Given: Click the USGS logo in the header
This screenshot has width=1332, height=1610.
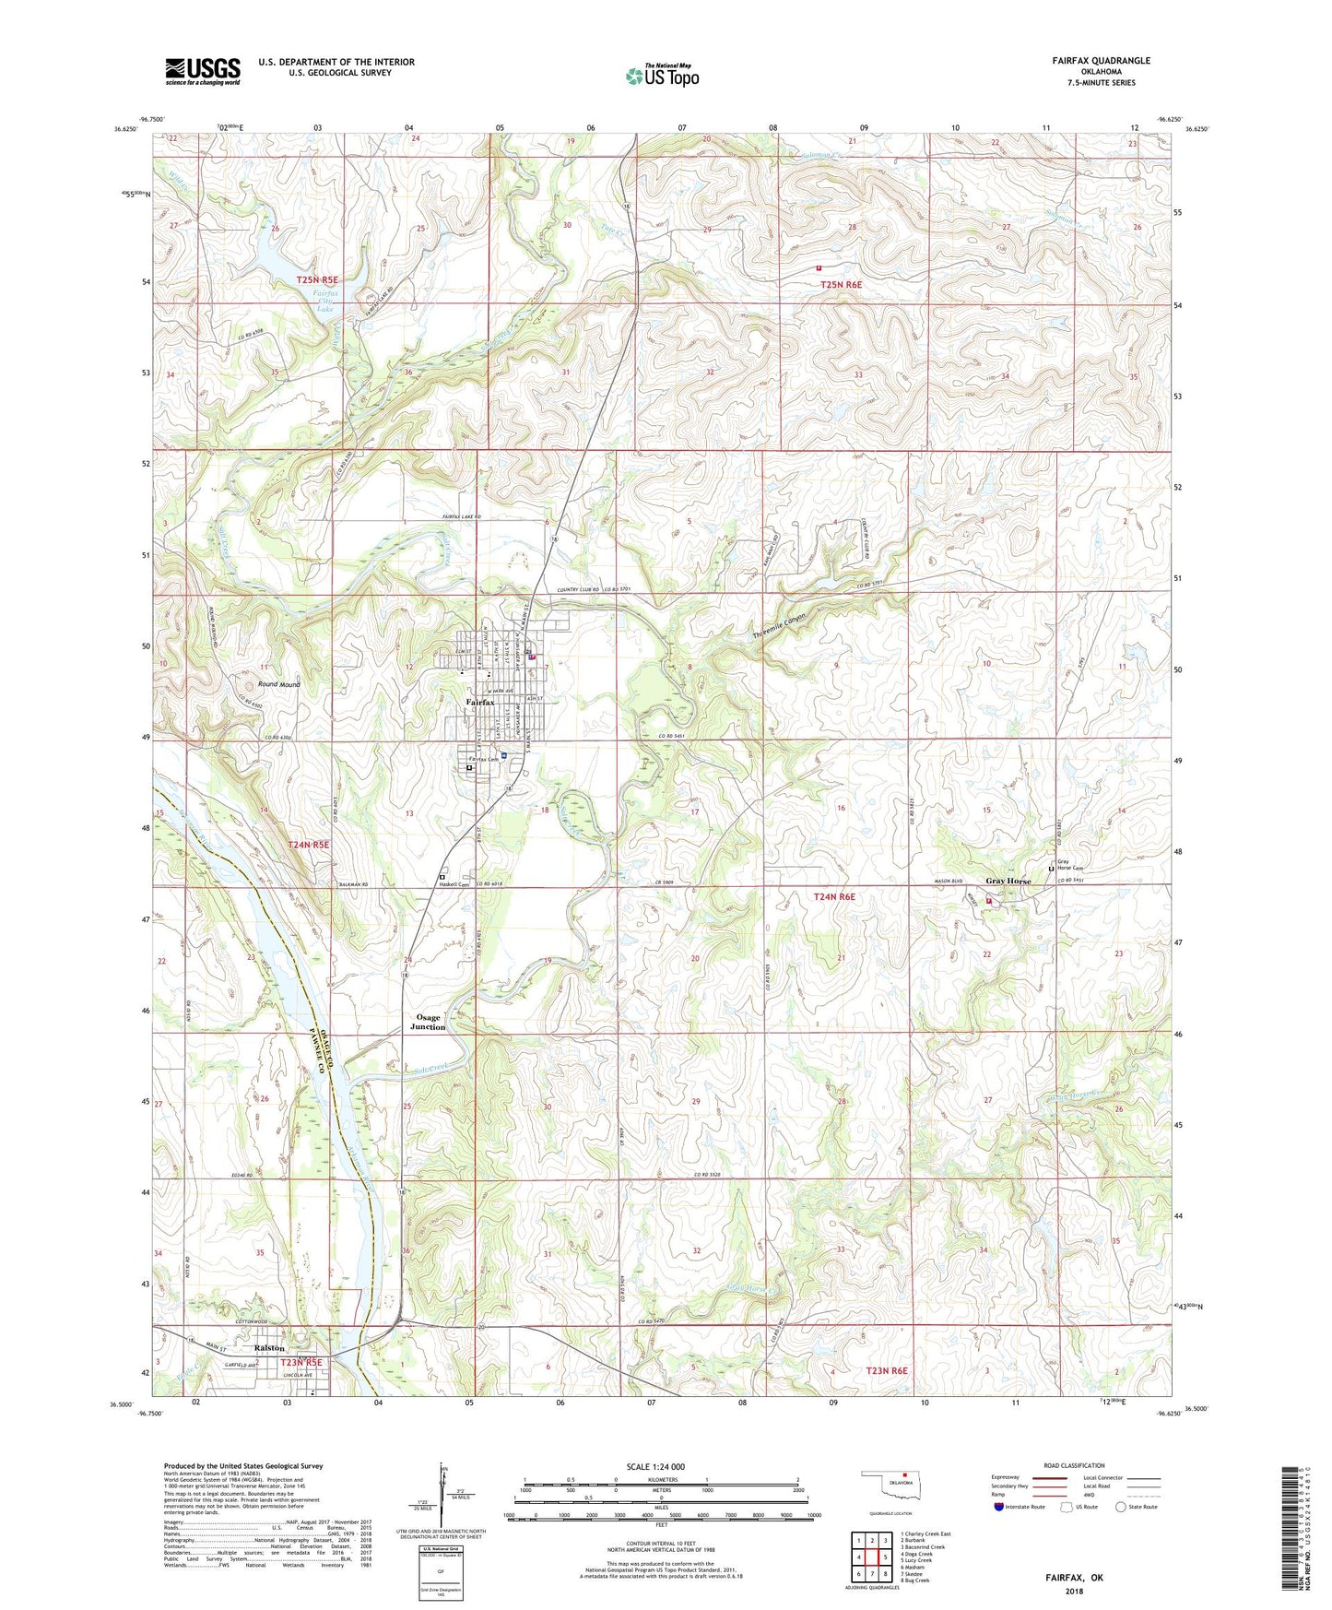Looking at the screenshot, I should click(203, 71).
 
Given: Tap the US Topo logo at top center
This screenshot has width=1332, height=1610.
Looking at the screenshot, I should click(662, 76).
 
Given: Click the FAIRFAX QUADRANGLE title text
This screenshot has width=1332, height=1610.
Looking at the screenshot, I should click(1101, 61).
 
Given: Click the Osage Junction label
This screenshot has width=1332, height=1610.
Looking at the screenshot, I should click(428, 1022).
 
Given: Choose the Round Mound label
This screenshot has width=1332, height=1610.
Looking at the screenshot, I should click(278, 684).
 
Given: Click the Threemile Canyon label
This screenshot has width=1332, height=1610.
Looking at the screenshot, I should click(779, 628).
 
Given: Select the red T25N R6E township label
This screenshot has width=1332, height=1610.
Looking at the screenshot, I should click(841, 285).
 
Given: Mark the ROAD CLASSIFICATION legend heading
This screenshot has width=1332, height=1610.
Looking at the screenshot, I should click(1074, 1465).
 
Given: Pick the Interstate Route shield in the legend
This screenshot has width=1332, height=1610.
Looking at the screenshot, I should click(999, 1507).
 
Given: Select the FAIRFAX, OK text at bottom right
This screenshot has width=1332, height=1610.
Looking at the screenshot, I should click(1074, 1578).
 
